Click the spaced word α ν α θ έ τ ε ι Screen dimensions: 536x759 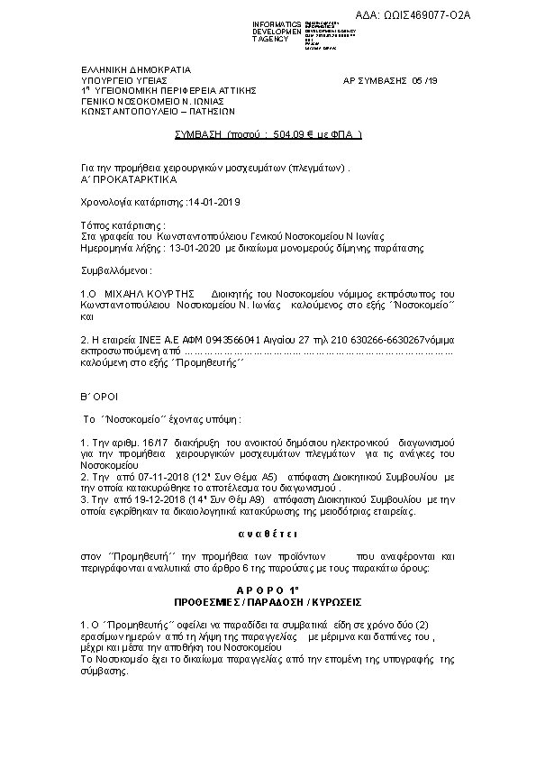[268, 535]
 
